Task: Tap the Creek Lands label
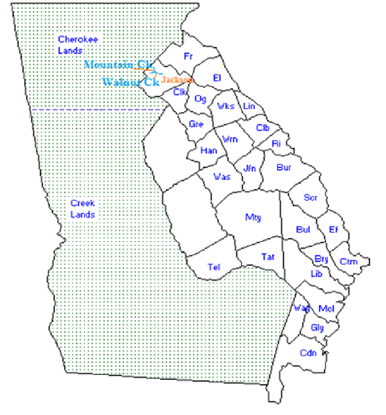coord(83,209)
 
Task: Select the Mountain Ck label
coord(118,65)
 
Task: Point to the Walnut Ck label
coord(130,82)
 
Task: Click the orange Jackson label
coord(177,80)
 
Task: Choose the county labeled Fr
coord(188,57)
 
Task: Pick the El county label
coord(217,78)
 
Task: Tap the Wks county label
coord(226,106)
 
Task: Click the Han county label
coord(209,150)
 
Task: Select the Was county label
coord(222,177)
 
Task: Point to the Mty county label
coord(253,217)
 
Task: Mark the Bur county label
coord(283,167)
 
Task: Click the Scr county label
coord(310,198)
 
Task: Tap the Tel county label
coord(214,267)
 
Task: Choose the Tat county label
coord(268,257)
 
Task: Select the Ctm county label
coord(348,261)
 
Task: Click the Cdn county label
coord(308,353)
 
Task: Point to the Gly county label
coord(317,328)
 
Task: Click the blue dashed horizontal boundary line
coord(99,110)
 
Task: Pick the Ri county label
coord(276,144)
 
